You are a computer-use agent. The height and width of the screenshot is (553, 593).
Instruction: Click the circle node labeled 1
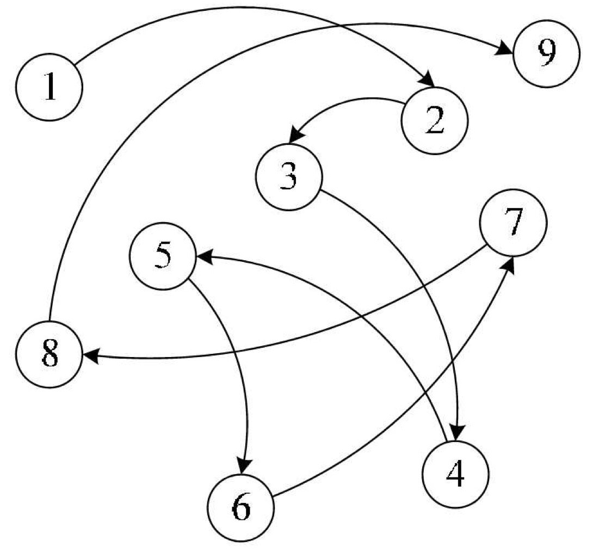[x=50, y=88]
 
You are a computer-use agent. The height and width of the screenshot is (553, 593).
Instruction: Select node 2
[x=434, y=120]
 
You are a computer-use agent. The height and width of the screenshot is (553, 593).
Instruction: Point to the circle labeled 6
[x=240, y=507]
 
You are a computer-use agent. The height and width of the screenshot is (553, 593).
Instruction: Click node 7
[x=512, y=223]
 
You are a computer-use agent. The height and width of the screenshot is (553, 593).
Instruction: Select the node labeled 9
[x=546, y=53]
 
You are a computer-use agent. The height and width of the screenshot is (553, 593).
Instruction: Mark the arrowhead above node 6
[x=244, y=466]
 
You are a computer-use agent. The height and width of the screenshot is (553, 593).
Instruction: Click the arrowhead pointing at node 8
[x=90, y=356]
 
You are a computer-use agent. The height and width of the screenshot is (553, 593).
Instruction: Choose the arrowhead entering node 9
[x=505, y=49]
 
